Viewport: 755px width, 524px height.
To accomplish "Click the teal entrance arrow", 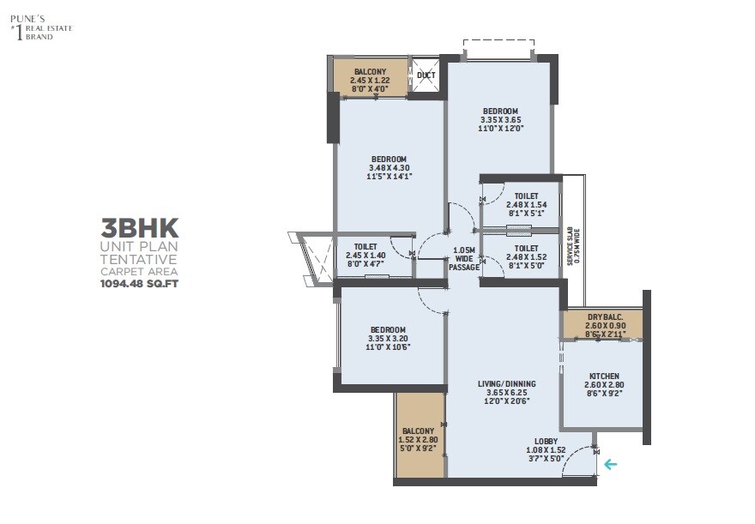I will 610,465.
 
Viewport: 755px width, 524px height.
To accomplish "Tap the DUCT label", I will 426,75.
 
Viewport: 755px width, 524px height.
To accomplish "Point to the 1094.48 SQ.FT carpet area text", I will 139,280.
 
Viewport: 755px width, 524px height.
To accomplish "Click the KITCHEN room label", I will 605,376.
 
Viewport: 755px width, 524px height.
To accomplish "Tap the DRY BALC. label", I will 605,317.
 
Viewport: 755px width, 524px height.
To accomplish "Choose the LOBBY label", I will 546,441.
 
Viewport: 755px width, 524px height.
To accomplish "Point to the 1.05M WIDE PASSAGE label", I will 465,258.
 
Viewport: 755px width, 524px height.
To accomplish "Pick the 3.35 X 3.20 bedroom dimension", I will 388,339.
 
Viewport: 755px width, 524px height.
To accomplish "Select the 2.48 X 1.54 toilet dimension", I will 521,207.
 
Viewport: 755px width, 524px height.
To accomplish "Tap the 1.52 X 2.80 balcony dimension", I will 420,439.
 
